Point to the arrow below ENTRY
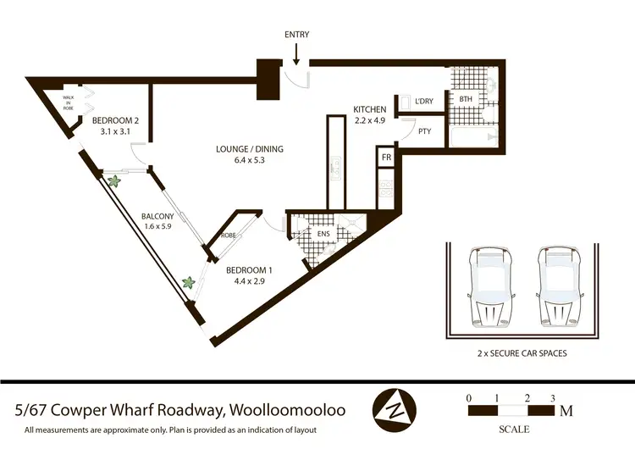coord(295,53)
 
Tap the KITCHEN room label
coord(370,109)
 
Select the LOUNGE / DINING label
coord(249,149)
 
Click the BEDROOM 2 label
coord(114,120)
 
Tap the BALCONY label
coord(157,216)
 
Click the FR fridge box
coord(386,158)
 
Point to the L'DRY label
coord(424,102)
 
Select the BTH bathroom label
coord(466,99)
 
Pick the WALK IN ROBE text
coord(69,103)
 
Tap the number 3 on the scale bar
coord(552,396)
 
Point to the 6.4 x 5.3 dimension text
coord(249,161)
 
